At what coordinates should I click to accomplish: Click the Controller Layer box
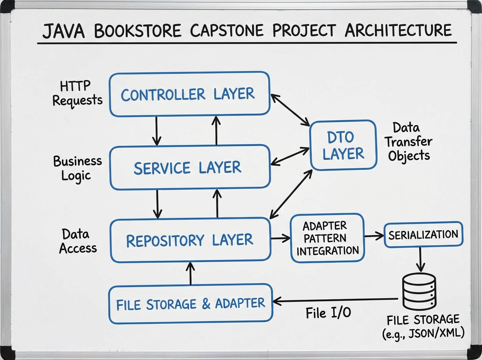click(x=189, y=94)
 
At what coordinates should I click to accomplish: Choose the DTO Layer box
click(x=343, y=144)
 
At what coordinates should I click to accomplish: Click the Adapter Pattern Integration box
click(x=327, y=238)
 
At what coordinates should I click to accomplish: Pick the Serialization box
click(x=423, y=234)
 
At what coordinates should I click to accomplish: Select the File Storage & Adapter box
click(x=191, y=304)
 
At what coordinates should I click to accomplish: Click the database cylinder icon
click(x=419, y=290)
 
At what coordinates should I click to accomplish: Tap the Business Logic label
click(x=77, y=168)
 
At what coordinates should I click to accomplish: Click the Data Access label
click(x=78, y=241)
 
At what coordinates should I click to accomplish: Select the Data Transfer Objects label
click(x=409, y=142)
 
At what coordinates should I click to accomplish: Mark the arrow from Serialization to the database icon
click(x=420, y=259)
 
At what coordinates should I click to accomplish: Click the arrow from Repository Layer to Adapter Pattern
click(x=280, y=239)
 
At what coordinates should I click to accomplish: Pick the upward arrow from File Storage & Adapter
click(x=191, y=273)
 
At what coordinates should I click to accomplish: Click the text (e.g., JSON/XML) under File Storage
click(x=423, y=333)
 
